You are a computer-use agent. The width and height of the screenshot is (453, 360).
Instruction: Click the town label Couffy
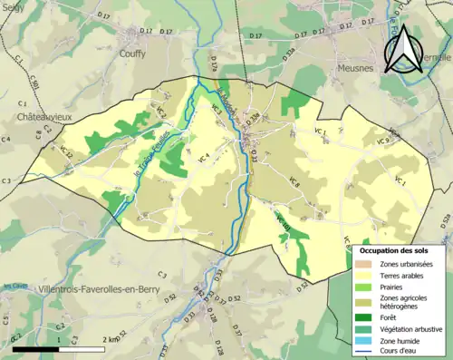[x=132, y=54]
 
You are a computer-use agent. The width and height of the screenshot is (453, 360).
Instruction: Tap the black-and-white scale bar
[x=60, y=348]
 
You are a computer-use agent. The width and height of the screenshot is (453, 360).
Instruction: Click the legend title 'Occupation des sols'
[x=395, y=249]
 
